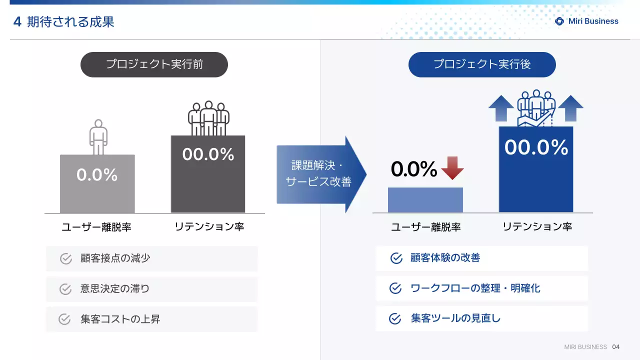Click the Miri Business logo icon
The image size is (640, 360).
[x=560, y=21]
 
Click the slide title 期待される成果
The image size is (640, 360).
[x=70, y=21]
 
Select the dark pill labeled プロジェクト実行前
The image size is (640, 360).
[x=154, y=64]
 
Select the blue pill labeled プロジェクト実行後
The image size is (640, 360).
[x=482, y=64]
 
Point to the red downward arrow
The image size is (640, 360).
[x=452, y=168]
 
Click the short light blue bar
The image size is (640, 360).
[x=425, y=200]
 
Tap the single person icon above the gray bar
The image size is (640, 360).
[x=98, y=137]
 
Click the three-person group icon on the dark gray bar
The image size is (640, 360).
[x=208, y=118]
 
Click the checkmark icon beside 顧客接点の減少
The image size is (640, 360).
[x=66, y=258]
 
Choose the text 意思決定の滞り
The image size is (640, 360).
[x=115, y=289]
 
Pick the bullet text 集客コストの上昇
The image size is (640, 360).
[x=120, y=319]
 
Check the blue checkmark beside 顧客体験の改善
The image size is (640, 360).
[x=396, y=258]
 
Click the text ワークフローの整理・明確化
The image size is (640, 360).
[x=475, y=288]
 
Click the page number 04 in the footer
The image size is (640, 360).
[x=615, y=347]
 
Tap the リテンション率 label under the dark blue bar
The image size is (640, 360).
[x=537, y=226]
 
